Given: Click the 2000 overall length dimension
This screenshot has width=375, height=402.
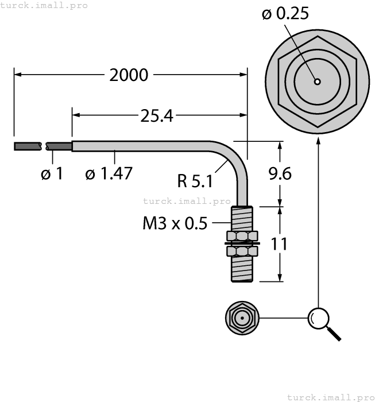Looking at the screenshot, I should (129, 75).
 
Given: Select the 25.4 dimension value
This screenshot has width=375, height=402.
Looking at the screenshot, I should (156, 115).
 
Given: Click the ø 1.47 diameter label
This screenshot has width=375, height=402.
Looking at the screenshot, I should (109, 173).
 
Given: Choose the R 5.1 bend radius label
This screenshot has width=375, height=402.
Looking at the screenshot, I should (195, 181).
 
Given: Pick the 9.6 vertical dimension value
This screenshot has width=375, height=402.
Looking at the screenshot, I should (280, 173).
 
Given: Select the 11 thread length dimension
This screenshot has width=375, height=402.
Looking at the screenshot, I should (279, 243).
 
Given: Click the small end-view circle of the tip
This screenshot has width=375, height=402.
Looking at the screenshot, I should (241, 318).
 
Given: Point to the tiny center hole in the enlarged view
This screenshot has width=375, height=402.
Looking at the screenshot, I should (317, 82).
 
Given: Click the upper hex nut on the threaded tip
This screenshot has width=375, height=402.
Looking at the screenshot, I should (241, 236).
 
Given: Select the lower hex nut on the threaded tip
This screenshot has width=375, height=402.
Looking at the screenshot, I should (241, 252).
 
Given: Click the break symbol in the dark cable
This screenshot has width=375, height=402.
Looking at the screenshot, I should (44, 146).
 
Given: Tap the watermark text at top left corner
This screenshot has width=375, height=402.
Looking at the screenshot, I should (44, 5).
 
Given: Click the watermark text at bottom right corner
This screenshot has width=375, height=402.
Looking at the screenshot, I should (330, 397).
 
